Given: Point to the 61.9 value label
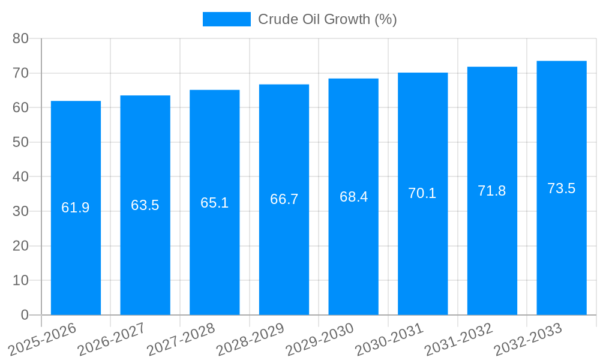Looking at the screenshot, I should click(76, 208).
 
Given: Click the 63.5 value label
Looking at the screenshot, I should click(145, 205).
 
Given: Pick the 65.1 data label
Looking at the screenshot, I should click(214, 203).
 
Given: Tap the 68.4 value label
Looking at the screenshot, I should click(353, 197).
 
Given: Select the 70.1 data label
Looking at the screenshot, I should click(422, 193).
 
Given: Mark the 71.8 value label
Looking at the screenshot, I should click(492, 191).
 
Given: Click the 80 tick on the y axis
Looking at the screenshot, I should click(20, 38).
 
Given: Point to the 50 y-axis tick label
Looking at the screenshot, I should click(20, 142).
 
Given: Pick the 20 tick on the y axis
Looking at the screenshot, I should click(20, 246).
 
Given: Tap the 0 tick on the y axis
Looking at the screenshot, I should click(25, 315).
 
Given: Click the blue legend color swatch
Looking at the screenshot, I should click(226, 19).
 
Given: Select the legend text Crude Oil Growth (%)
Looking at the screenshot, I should click(328, 19).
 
